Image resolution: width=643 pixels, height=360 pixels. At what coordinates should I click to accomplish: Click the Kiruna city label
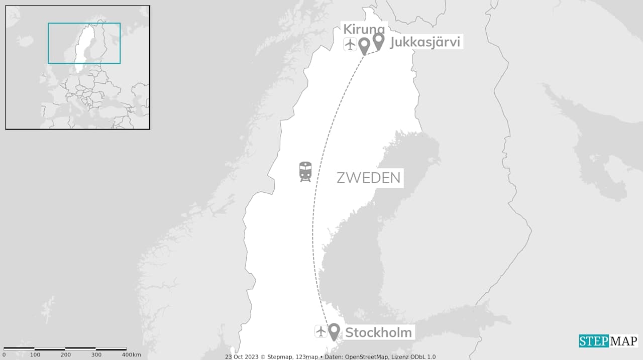[363, 29]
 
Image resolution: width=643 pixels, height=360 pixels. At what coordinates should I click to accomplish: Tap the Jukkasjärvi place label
[424, 42]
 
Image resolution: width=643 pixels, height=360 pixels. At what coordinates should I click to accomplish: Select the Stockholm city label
[378, 332]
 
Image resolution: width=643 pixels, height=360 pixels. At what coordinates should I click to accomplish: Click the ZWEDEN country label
[368, 178]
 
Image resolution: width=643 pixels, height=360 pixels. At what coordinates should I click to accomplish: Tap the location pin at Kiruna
[364, 46]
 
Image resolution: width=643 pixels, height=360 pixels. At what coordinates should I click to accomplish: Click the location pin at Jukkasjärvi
[378, 41]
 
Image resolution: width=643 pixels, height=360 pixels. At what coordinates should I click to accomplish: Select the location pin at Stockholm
[334, 331]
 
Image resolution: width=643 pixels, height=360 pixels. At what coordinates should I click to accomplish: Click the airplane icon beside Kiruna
[350, 44]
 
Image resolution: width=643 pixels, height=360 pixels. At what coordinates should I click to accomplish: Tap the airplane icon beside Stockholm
[321, 331]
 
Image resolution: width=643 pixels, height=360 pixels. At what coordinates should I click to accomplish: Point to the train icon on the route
[305, 171]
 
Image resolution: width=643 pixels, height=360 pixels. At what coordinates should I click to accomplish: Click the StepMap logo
[608, 341]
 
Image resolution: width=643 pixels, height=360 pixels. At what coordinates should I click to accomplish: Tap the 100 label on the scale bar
[35, 355]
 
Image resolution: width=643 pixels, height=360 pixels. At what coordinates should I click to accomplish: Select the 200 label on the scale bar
[66, 355]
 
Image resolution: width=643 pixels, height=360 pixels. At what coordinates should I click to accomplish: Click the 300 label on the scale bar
[96, 355]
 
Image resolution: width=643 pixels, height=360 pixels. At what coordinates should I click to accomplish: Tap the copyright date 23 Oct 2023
[241, 357]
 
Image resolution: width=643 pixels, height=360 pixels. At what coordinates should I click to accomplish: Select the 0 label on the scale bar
[4, 355]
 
